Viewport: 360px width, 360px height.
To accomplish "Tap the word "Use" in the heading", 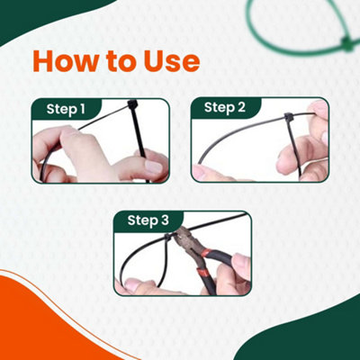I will click(x=168, y=62).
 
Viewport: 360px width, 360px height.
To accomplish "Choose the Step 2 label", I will click(x=224, y=108).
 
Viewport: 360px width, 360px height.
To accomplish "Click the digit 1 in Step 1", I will click(x=82, y=109).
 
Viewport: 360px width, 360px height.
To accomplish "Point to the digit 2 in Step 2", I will click(x=241, y=108).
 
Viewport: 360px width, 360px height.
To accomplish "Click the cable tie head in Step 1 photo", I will click(x=132, y=107).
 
